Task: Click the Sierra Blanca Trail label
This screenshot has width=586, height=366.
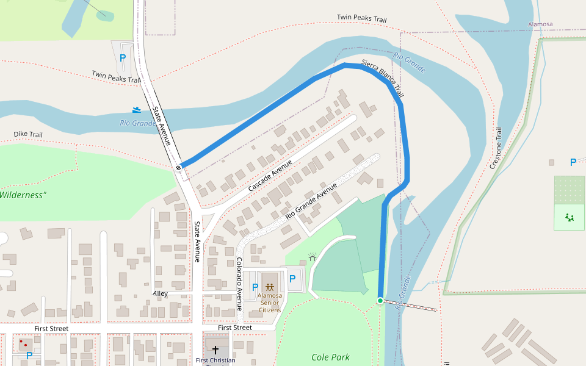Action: click(x=383, y=79)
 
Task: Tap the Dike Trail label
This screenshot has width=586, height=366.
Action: click(x=28, y=134)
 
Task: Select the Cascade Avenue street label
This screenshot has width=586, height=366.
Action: click(x=270, y=174)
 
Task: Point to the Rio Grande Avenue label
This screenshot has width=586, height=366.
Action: click(x=311, y=202)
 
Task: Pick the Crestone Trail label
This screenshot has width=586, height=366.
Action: click(x=496, y=148)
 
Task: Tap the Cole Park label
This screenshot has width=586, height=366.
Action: click(x=330, y=357)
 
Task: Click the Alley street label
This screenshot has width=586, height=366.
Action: click(x=160, y=293)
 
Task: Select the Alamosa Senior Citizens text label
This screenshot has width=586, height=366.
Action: click(x=269, y=302)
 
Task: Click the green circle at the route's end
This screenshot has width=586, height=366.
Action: click(x=380, y=301)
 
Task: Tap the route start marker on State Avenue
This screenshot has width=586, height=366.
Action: click(x=179, y=167)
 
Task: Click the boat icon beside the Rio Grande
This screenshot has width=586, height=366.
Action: click(x=137, y=110)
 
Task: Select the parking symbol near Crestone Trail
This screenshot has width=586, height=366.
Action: click(x=573, y=162)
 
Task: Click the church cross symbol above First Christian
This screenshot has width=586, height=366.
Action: click(x=215, y=350)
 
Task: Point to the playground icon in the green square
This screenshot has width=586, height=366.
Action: click(x=570, y=217)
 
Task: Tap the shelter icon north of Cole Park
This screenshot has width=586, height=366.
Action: click(x=313, y=258)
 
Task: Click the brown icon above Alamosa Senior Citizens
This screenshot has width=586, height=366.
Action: click(x=269, y=287)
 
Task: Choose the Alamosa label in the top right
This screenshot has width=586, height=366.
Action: click(x=540, y=24)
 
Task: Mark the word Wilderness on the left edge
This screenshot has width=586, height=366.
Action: click(x=23, y=195)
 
